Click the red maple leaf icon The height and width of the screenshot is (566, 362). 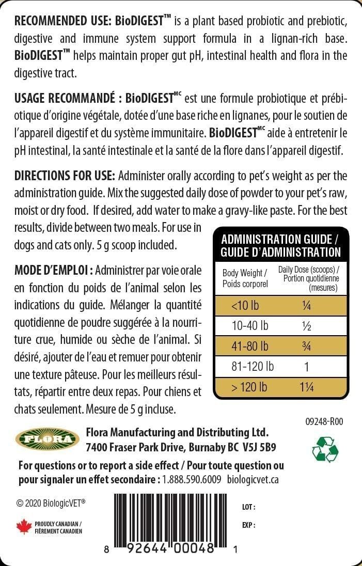[23, 527]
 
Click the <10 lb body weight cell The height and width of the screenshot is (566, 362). [245, 305]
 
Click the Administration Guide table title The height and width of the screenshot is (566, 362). [280, 246]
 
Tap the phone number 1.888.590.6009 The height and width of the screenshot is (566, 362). [192, 479]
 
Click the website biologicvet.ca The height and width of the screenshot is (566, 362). [253, 479]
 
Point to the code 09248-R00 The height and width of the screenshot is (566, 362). [324, 421]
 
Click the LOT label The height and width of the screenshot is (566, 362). [248, 507]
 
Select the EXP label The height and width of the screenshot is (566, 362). [248, 525]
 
